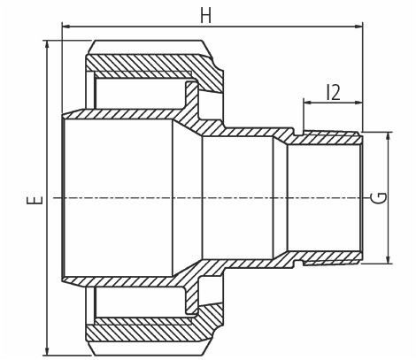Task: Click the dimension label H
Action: click(x=205, y=15)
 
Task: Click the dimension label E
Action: click(x=35, y=200)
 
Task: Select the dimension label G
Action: click(x=381, y=197)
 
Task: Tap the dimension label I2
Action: click(x=334, y=92)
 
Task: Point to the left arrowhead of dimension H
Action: click(x=65, y=27)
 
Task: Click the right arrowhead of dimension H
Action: click(x=358, y=27)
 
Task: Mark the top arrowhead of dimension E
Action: click(x=47, y=44)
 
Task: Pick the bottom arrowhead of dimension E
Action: click(x=47, y=351)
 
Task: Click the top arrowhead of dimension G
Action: click(x=389, y=137)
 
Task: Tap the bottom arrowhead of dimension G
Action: click(x=389, y=258)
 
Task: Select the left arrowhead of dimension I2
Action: click(x=308, y=103)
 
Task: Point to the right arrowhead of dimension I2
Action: click(x=358, y=103)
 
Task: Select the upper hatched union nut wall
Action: click(x=153, y=64)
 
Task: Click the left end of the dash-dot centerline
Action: click(x=54, y=197)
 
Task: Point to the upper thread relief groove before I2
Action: click(x=298, y=134)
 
